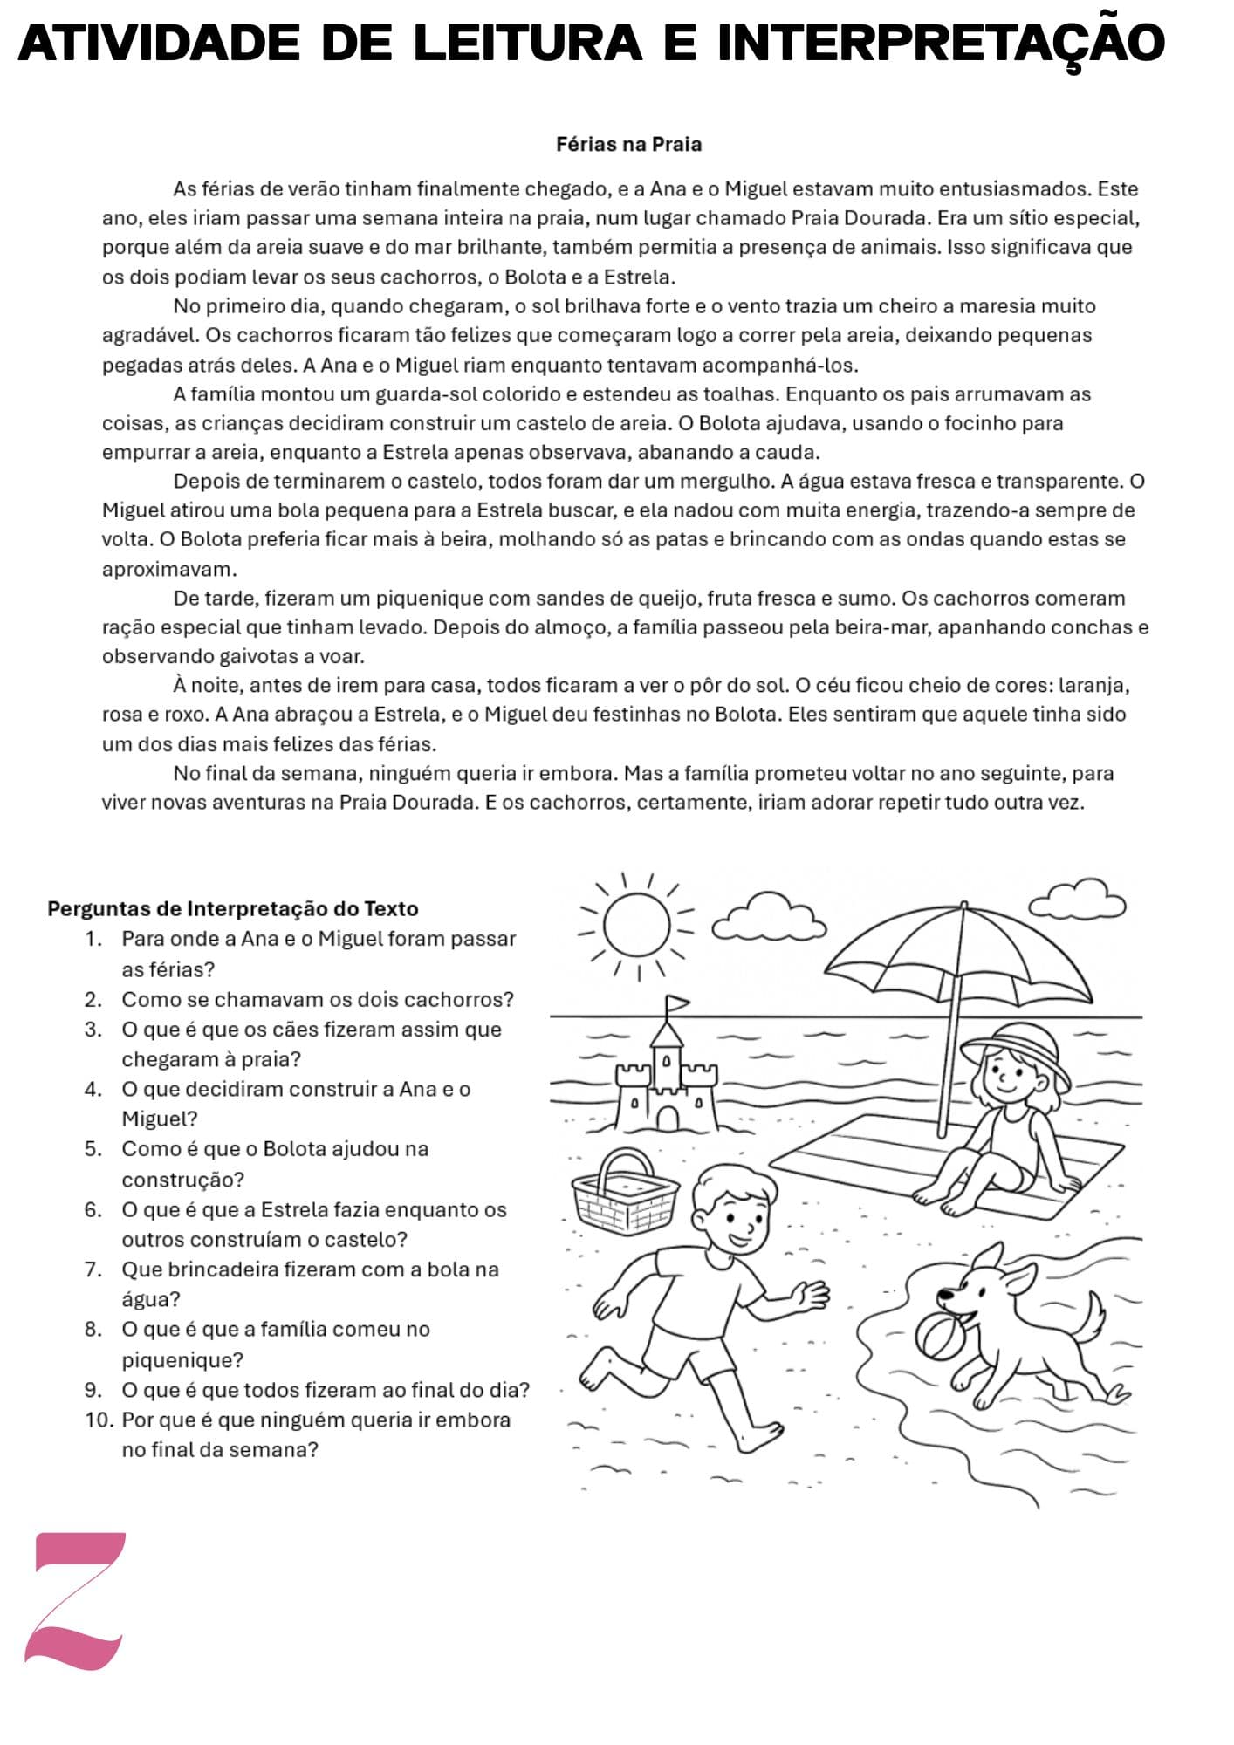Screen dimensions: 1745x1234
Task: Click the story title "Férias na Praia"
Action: pos(628,145)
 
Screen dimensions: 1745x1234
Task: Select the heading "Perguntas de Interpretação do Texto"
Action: pos(233,908)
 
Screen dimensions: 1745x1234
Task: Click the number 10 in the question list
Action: pos(99,1420)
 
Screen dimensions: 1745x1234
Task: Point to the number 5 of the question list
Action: pos(93,1148)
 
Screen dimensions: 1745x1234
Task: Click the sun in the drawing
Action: pos(637,926)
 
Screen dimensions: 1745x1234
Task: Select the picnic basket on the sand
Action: pos(624,1190)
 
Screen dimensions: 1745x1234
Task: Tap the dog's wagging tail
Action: pos(1091,1317)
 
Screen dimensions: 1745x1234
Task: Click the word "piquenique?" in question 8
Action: pos(182,1359)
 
